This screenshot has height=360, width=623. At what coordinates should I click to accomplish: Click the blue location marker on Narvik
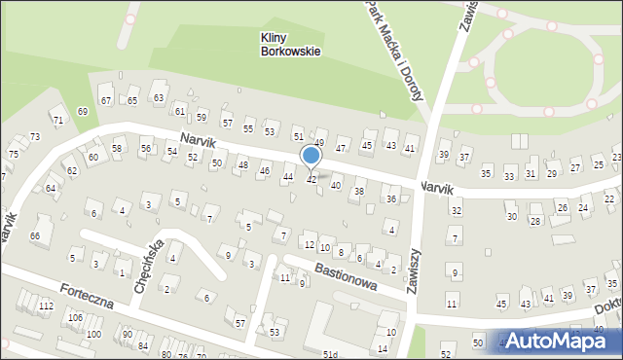[x=311, y=156]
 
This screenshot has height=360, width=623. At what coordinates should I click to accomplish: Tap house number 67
[x=106, y=101]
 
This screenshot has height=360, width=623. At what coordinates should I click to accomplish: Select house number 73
[x=35, y=137]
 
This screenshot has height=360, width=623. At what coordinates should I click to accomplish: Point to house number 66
[x=35, y=236]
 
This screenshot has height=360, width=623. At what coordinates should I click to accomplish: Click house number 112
[x=46, y=306]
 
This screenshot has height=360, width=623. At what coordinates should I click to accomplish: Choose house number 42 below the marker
[x=311, y=180]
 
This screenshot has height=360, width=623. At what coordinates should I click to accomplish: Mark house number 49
[x=318, y=143]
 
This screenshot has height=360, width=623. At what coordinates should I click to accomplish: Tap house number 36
[x=390, y=199]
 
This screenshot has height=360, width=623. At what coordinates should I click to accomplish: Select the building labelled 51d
[x=331, y=354]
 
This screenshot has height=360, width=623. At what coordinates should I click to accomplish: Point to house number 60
[x=93, y=157]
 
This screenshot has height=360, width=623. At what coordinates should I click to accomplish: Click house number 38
[x=358, y=192]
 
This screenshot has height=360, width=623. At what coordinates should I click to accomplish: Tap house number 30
[x=511, y=217]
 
